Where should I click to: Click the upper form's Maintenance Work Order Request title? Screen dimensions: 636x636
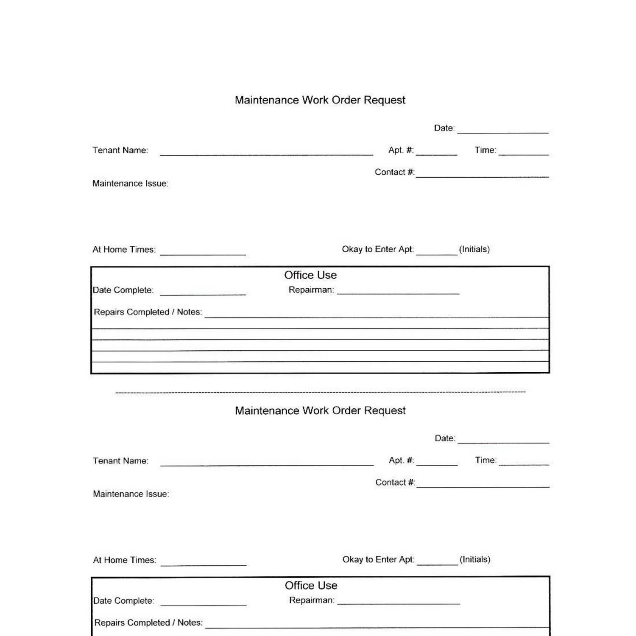click(320, 100)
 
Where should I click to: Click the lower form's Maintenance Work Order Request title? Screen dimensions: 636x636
click(320, 410)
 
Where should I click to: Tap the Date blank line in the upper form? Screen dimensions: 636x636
click(503, 131)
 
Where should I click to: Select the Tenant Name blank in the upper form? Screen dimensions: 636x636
click(266, 153)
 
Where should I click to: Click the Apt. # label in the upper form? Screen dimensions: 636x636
click(401, 150)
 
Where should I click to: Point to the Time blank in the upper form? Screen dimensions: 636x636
click(524, 153)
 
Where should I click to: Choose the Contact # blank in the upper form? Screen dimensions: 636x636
click(482, 175)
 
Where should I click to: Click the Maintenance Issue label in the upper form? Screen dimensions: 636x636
click(130, 184)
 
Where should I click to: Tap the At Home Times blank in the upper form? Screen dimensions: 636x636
click(203, 252)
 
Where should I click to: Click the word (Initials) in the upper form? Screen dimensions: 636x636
click(474, 249)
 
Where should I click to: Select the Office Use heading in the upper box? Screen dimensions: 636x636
click(310, 275)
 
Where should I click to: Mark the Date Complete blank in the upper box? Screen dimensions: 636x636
click(203, 293)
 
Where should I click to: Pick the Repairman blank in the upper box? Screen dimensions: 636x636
click(398, 292)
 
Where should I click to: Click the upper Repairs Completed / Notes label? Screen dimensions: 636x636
click(148, 312)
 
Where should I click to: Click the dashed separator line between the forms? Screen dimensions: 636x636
click(320, 392)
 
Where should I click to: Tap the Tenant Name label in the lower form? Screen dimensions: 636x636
click(120, 461)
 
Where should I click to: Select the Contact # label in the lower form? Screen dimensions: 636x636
click(395, 483)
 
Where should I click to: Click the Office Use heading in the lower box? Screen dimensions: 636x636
click(311, 586)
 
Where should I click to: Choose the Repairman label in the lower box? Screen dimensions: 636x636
click(312, 600)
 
